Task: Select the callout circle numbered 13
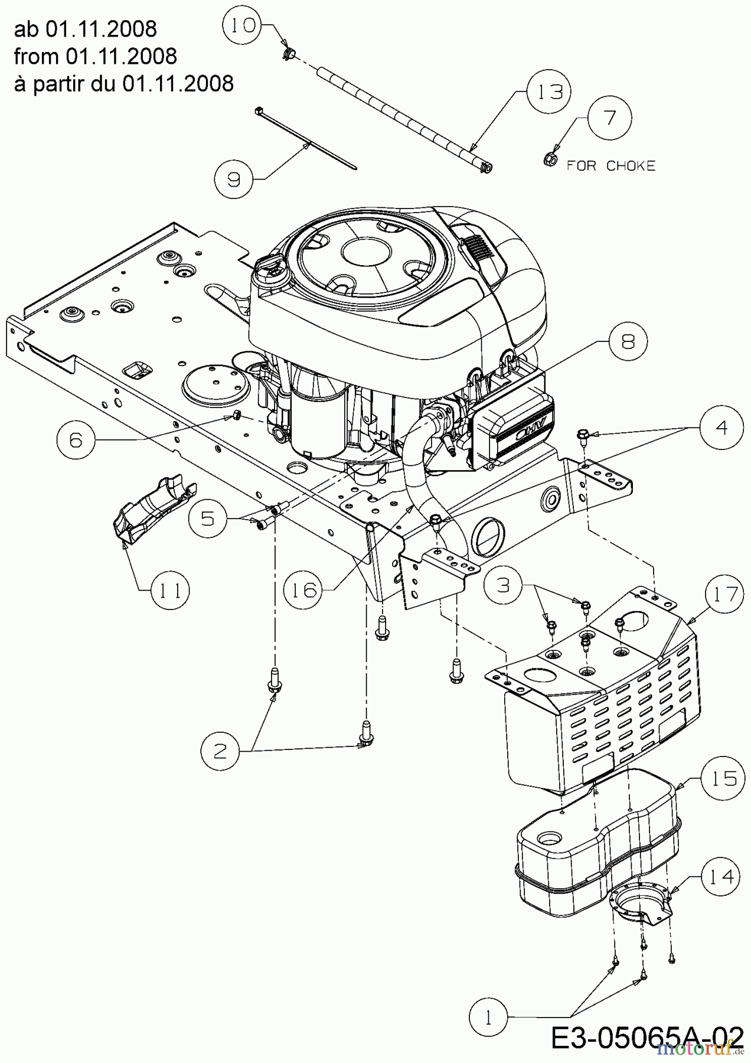click(550, 92)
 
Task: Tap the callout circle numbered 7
click(609, 118)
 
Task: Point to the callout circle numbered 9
click(234, 178)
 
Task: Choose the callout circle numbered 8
click(627, 341)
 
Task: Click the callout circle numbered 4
click(722, 428)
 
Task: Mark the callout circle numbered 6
click(76, 440)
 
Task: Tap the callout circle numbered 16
click(304, 589)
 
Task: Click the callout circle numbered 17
click(724, 594)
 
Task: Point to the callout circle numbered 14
click(722, 877)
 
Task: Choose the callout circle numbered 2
click(220, 751)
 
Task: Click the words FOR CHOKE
click(611, 166)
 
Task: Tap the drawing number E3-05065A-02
click(648, 1038)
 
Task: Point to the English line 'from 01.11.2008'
click(95, 56)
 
